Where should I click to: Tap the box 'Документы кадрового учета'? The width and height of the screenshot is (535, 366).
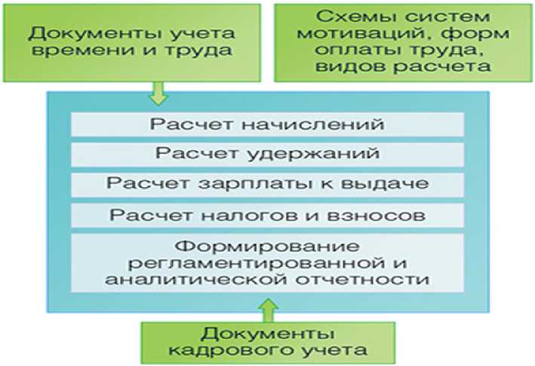[x=269, y=341]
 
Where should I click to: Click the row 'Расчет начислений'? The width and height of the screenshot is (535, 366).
[x=268, y=124]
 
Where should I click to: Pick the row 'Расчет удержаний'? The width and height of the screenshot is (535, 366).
[x=268, y=154]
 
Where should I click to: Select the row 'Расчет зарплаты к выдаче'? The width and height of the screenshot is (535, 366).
[x=268, y=184]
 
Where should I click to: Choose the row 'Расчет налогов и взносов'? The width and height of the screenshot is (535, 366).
[x=268, y=214]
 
